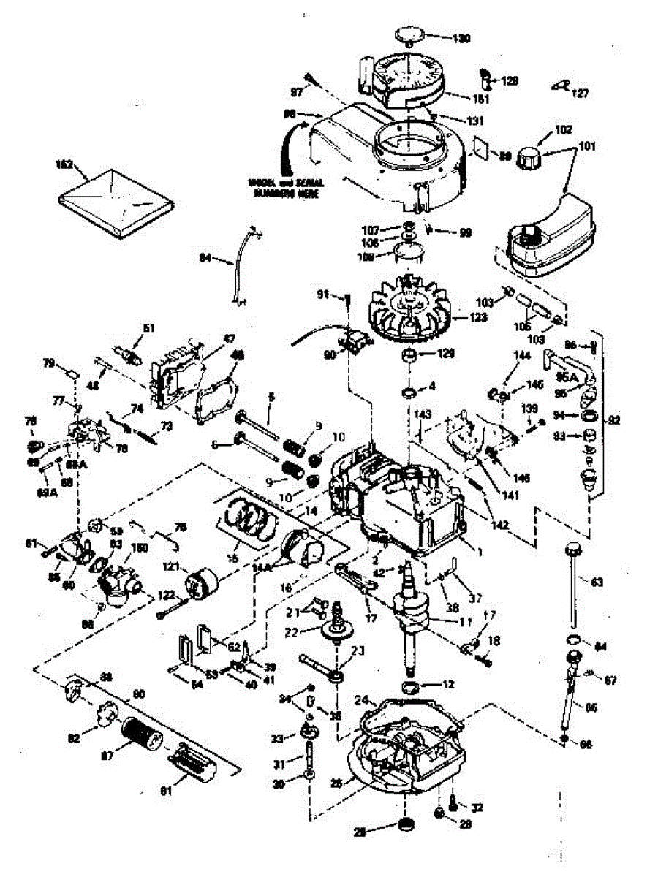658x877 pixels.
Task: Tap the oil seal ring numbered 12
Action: coord(414,687)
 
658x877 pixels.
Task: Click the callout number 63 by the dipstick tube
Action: coord(597,582)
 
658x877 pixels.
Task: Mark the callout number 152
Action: coord(67,165)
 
